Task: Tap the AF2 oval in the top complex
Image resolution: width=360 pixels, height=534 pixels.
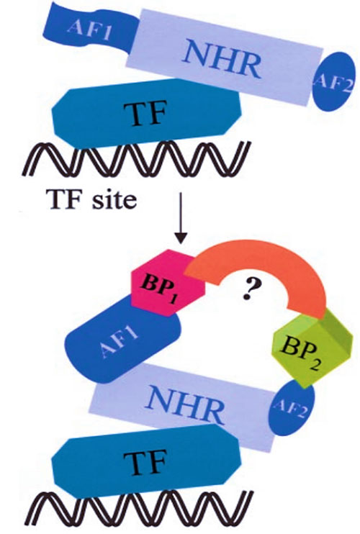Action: pyautogui.click(x=333, y=82)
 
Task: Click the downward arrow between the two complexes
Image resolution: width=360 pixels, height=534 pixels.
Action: pyautogui.click(x=181, y=218)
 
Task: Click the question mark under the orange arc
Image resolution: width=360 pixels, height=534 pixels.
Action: pyautogui.click(x=252, y=289)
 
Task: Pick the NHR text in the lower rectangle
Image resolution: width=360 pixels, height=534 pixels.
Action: pyautogui.click(x=187, y=404)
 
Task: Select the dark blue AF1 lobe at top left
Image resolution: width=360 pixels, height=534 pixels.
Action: pyautogui.click(x=90, y=27)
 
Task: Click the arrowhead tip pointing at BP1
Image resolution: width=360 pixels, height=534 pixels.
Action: pyautogui.click(x=181, y=243)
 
